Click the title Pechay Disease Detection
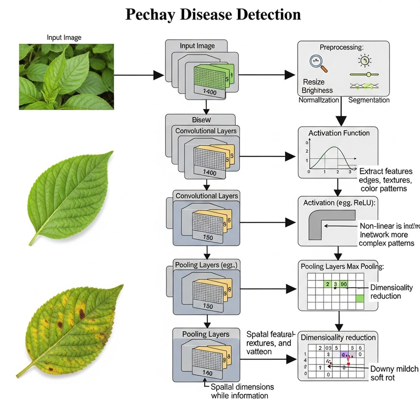coord(213,14)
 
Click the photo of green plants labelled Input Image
coord(66,76)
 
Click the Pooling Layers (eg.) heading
coord(205,265)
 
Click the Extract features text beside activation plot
coord(386,171)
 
